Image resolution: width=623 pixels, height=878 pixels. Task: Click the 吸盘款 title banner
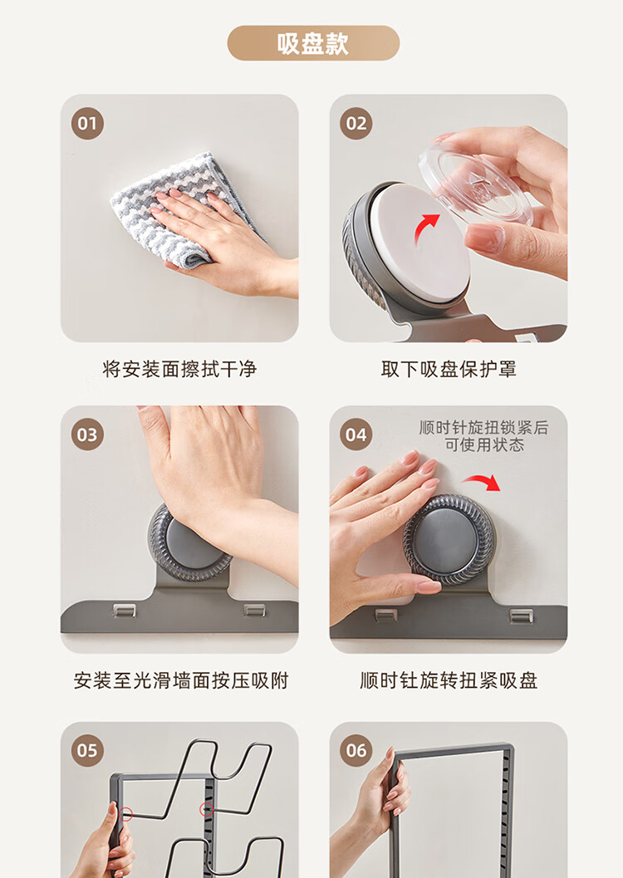click(313, 43)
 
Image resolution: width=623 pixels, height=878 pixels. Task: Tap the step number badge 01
click(87, 123)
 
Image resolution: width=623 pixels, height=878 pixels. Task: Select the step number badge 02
click(356, 123)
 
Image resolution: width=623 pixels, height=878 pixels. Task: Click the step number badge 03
click(87, 434)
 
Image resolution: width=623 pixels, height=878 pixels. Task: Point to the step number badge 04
click(356, 434)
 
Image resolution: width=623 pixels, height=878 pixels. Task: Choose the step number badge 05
click(87, 750)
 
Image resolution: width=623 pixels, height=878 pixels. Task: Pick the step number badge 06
click(356, 750)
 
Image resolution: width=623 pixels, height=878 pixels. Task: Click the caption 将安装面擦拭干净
click(179, 369)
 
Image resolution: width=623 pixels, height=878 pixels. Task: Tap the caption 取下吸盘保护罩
click(449, 369)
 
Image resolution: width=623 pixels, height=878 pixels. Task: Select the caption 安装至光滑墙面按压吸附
click(181, 681)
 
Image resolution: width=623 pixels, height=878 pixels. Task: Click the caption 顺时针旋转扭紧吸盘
click(449, 681)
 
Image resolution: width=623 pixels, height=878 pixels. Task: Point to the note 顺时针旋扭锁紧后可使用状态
click(484, 436)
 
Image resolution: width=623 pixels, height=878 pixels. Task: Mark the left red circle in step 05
click(126, 814)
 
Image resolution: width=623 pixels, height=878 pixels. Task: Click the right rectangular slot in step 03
click(255, 611)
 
